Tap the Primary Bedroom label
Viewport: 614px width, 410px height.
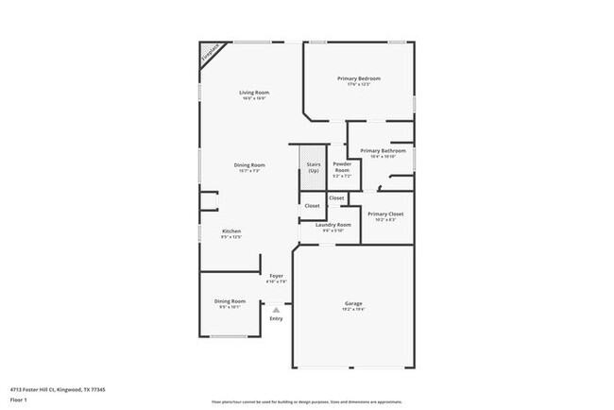pos(359,78)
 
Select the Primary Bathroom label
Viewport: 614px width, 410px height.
pos(383,151)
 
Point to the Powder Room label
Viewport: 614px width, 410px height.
pos(341,167)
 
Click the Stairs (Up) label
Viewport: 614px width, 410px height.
pos(313,167)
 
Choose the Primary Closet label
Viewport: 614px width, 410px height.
pos(385,214)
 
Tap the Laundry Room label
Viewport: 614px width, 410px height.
pos(333,224)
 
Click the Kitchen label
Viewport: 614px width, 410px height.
pos(231,231)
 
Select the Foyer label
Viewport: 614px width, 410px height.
pos(277,275)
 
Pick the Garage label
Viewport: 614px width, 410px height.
pos(352,304)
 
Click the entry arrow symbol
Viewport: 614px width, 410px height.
pos(276,309)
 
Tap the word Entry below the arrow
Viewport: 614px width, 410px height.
pos(276,318)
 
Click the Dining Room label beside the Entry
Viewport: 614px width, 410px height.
pos(230,301)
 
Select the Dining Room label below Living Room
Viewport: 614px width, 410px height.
pos(249,165)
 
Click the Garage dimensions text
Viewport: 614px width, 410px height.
pos(352,310)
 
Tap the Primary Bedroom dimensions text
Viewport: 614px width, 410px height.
pos(359,84)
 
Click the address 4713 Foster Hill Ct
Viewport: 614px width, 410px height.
pos(58,389)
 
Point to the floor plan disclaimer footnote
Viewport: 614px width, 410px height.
pos(306,401)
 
